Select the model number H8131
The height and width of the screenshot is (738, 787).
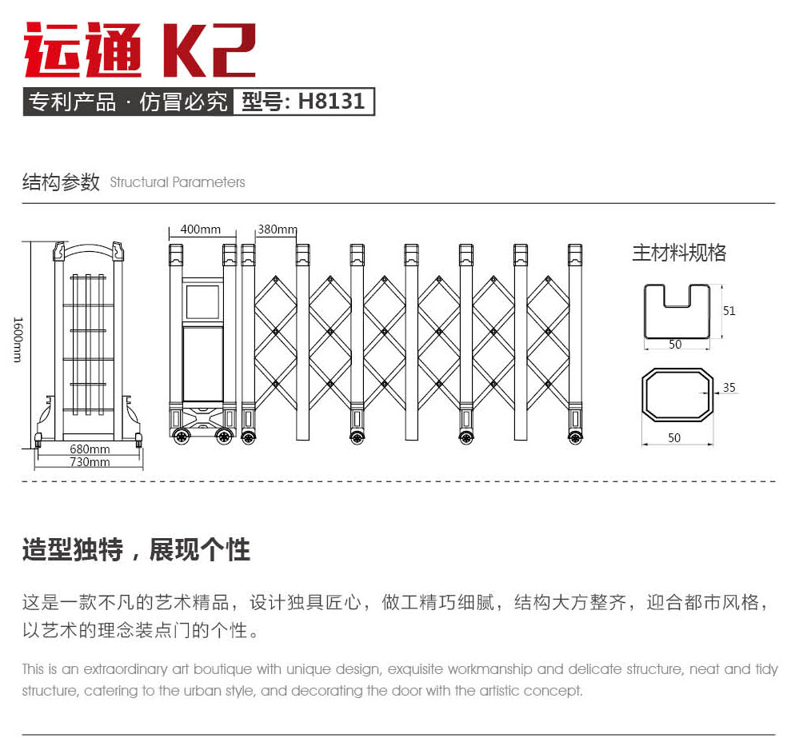pyautogui.click(x=304, y=102)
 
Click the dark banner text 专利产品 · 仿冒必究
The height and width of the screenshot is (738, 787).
pyautogui.click(x=128, y=102)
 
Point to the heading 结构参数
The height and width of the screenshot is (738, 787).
pyautogui.click(x=61, y=182)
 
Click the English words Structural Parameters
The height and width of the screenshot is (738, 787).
pyautogui.click(x=178, y=182)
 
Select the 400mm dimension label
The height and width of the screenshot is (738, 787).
pyautogui.click(x=200, y=229)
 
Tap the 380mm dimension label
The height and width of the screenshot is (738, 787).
pyautogui.click(x=277, y=229)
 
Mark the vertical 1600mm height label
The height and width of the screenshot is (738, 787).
pyautogui.click(x=18, y=339)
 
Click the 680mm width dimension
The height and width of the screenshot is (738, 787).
pyautogui.click(x=90, y=449)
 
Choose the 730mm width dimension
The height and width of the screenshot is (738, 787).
pyautogui.click(x=90, y=462)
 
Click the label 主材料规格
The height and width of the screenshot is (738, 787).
pyautogui.click(x=679, y=253)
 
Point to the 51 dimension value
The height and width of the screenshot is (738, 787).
pyautogui.click(x=729, y=311)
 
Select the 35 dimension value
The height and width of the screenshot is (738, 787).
pyautogui.click(x=729, y=388)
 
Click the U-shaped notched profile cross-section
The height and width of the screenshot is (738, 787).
pyautogui.click(x=677, y=312)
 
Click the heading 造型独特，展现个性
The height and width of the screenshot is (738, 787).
pyautogui.click(x=136, y=550)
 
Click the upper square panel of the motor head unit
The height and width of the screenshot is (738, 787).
pyautogui.click(x=202, y=301)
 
